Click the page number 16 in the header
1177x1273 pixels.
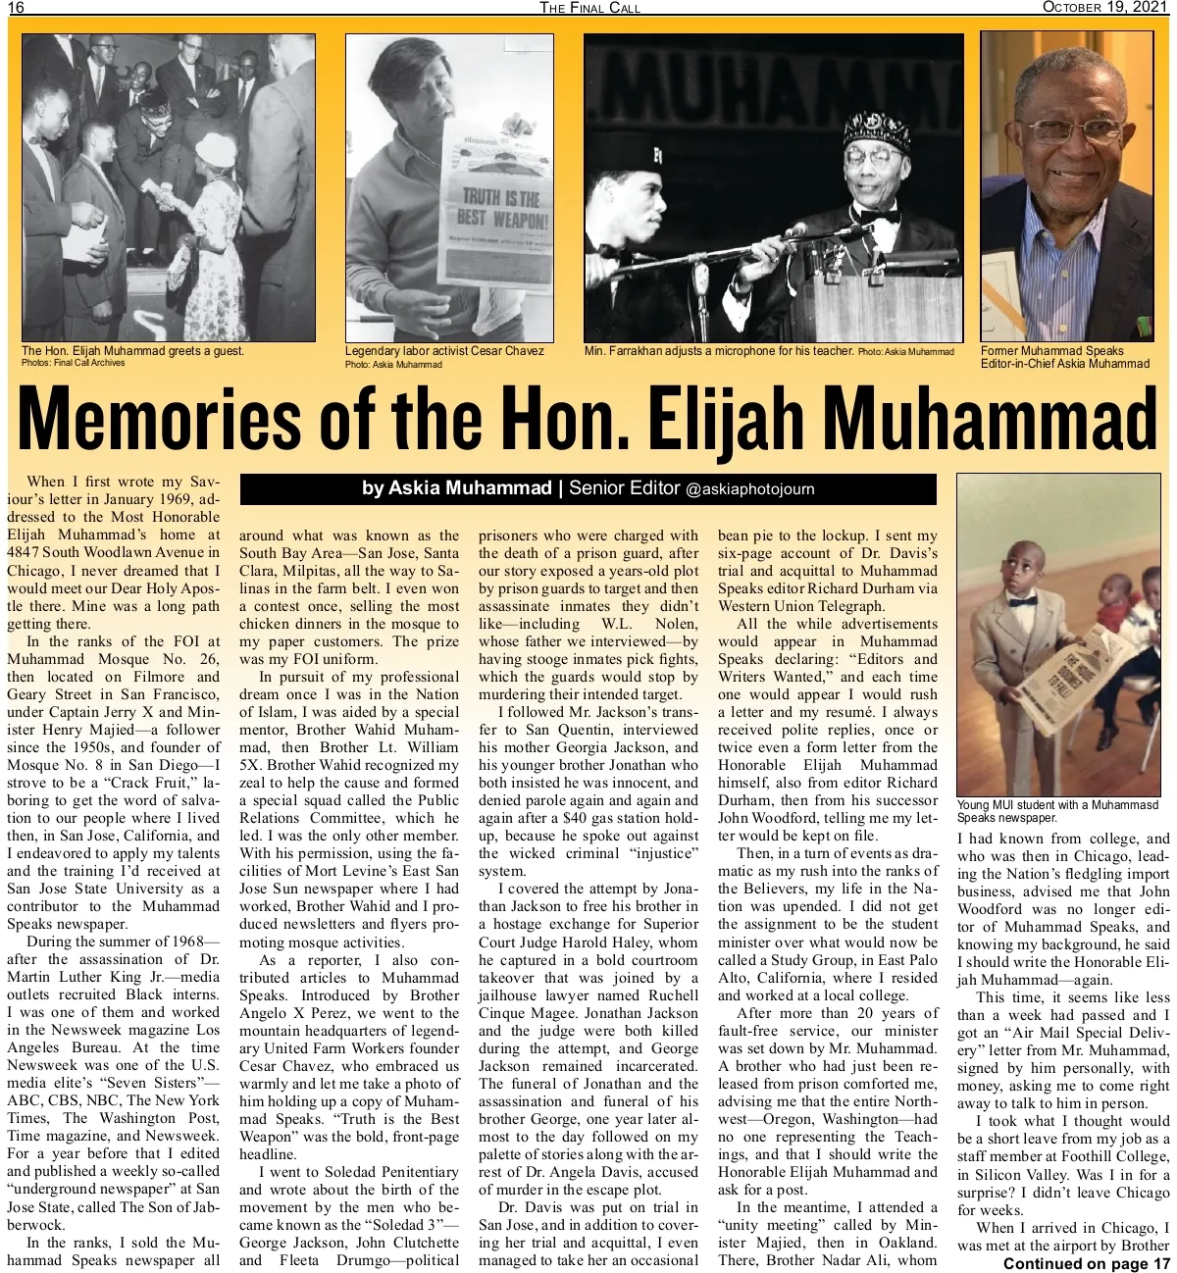(x=16, y=8)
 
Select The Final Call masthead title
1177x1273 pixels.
(x=590, y=8)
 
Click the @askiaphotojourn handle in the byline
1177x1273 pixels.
(x=749, y=489)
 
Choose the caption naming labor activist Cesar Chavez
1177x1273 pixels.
(x=443, y=351)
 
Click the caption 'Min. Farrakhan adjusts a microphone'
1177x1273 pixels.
(x=718, y=351)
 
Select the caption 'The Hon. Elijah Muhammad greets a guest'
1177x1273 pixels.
(x=132, y=351)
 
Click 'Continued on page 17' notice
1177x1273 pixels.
(x=1087, y=1262)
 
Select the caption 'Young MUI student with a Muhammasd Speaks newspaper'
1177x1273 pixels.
(x=1057, y=811)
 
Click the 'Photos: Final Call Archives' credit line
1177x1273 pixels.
(x=73, y=363)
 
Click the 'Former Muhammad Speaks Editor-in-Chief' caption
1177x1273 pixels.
(x=1064, y=357)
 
